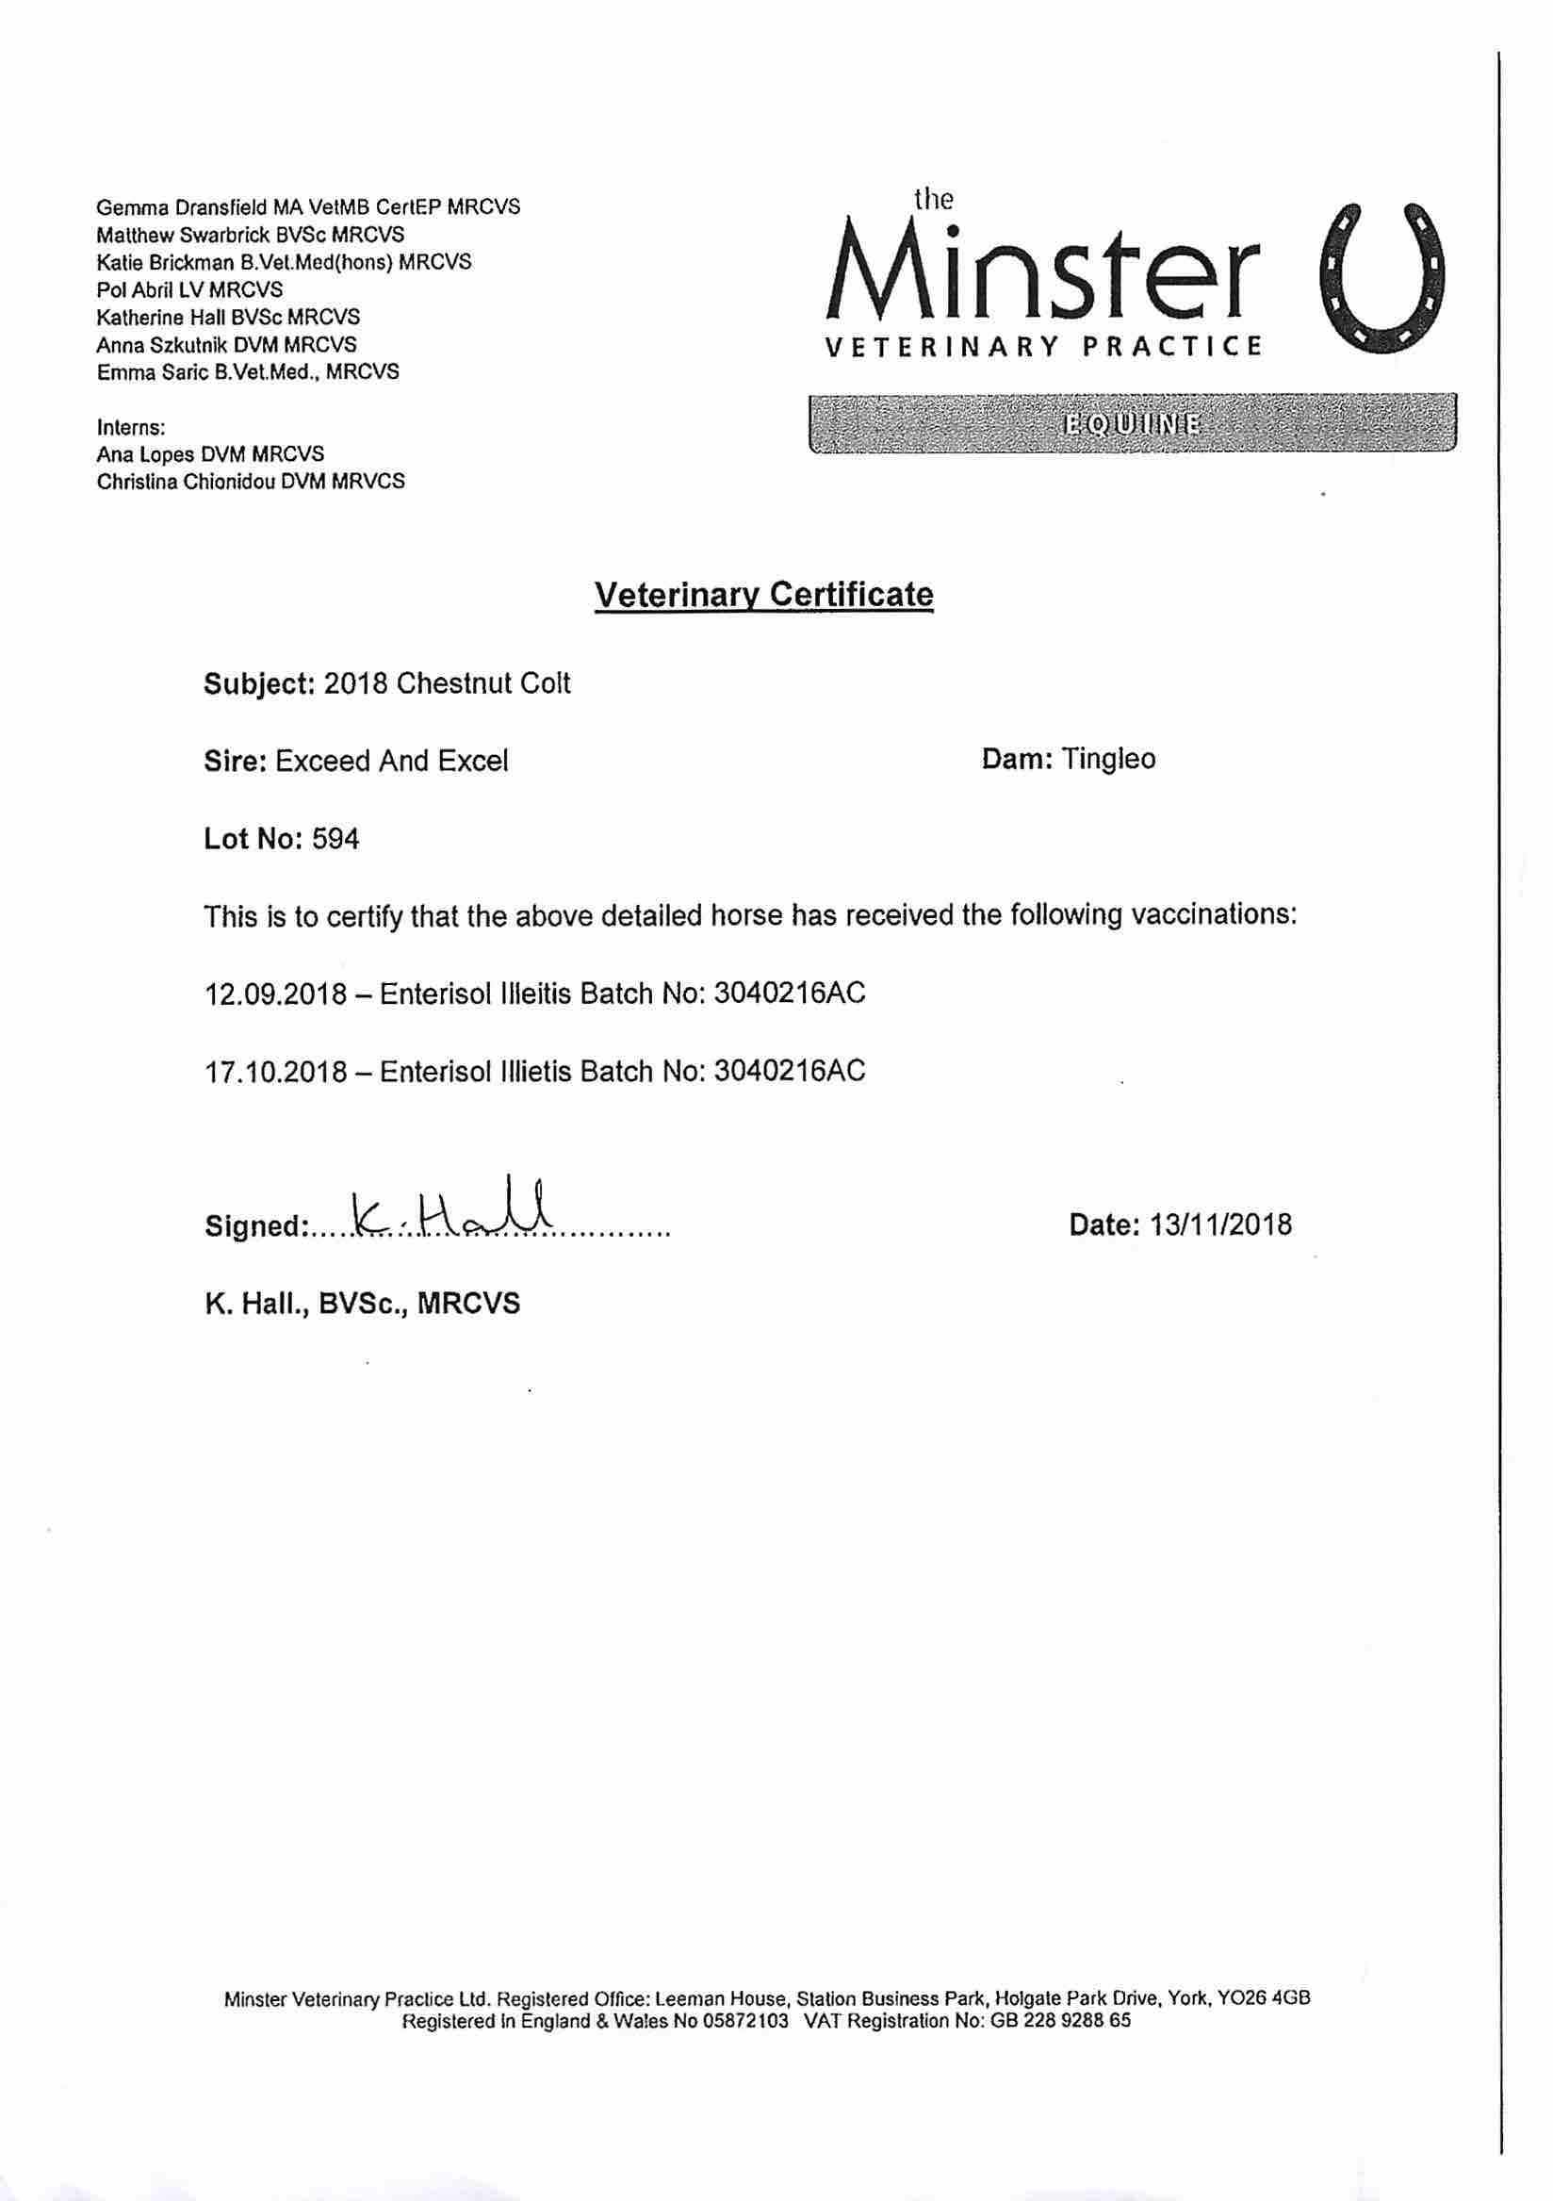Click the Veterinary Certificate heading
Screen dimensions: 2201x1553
pos(764,595)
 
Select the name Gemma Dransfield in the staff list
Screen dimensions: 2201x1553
pos(171,207)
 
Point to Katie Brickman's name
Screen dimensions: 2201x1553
pos(165,262)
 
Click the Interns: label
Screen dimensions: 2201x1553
pos(131,427)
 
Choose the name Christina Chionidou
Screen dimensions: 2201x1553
pos(186,482)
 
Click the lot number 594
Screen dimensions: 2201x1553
pos(336,839)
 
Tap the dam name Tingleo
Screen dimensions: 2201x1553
pos(1109,759)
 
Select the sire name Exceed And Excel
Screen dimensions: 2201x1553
pos(391,760)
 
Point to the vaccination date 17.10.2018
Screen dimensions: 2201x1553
pos(276,1070)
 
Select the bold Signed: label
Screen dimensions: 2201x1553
pos(255,1226)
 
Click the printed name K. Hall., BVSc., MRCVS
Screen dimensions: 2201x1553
pos(363,1303)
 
